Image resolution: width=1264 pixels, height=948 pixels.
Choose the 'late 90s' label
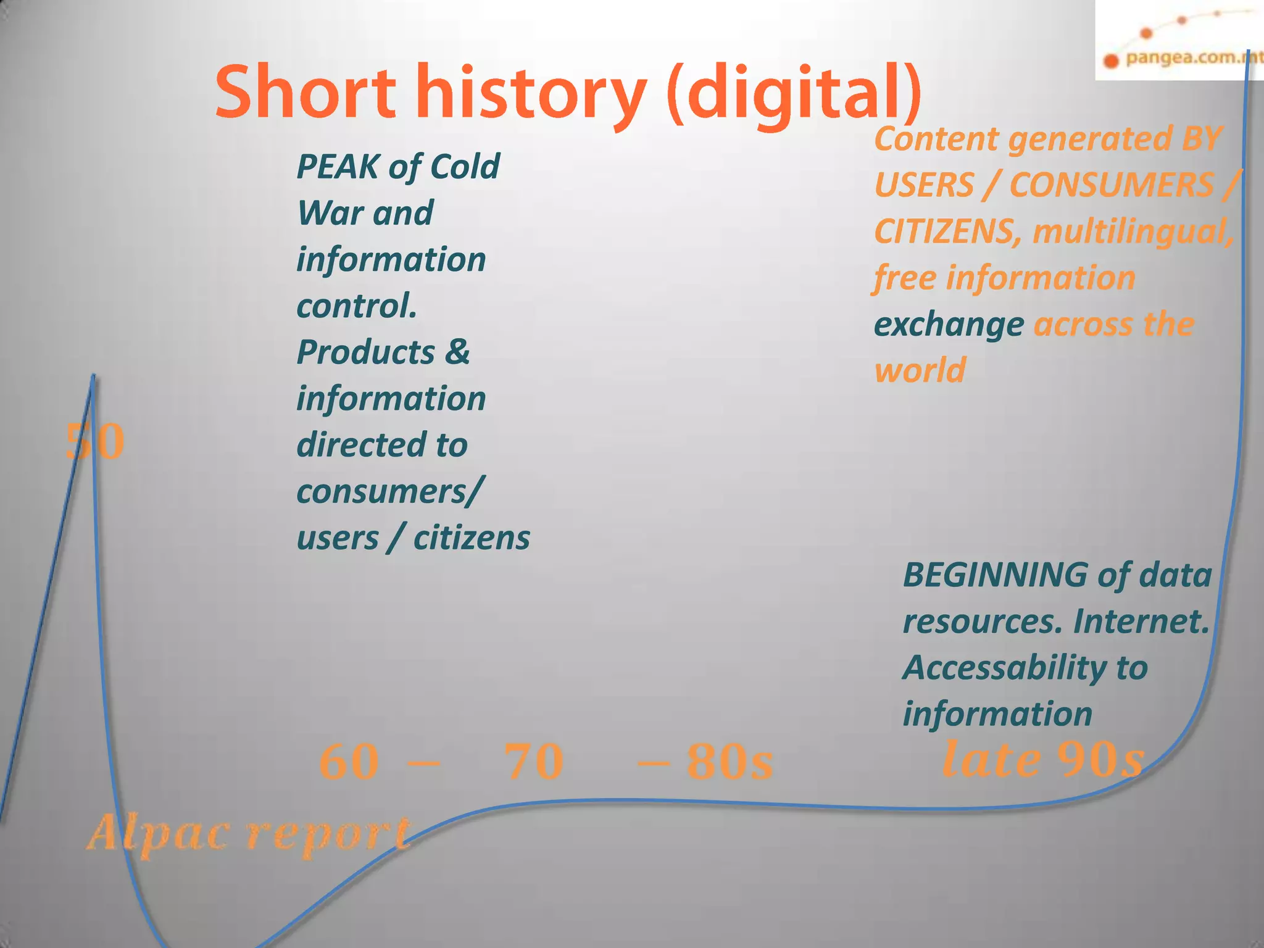[x=1043, y=759]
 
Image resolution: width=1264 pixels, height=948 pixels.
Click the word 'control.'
[x=357, y=306]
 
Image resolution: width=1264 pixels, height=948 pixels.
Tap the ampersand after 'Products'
[x=457, y=352]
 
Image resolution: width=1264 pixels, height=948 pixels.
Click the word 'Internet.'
[x=1142, y=622]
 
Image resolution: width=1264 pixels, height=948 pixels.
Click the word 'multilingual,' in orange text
[x=1133, y=231]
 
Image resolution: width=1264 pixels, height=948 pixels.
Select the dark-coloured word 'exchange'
[x=949, y=325]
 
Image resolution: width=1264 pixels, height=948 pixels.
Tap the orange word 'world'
[x=920, y=370]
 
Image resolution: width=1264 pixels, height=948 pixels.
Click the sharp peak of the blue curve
[x=93, y=376]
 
